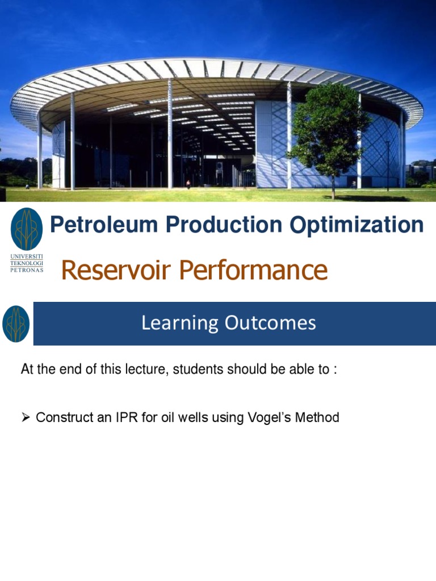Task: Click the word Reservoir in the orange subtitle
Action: click(x=116, y=270)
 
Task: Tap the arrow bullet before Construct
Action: click(x=26, y=418)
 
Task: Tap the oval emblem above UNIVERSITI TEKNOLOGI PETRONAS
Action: click(x=27, y=229)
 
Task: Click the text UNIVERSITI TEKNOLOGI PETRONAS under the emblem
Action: click(x=27, y=263)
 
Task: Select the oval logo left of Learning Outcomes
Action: click(x=16, y=323)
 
